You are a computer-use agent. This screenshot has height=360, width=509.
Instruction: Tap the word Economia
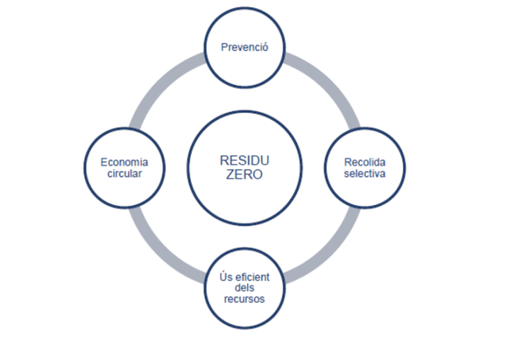coord(124,162)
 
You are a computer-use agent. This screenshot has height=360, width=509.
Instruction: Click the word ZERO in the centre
coord(245,175)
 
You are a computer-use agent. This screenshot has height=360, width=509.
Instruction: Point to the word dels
coord(245,287)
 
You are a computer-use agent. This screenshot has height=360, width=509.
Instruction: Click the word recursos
coord(245,298)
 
